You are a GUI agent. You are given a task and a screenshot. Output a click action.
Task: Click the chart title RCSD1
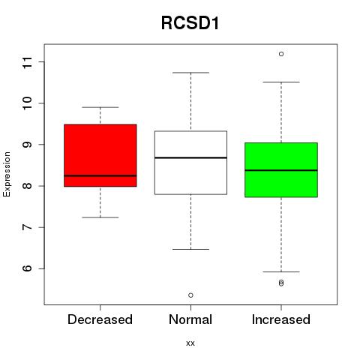pos(190,23)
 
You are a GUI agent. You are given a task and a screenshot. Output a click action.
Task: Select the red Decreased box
pos(100,155)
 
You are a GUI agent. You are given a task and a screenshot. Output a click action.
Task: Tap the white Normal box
pos(190,163)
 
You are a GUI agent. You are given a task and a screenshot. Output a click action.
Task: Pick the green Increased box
pos(281,169)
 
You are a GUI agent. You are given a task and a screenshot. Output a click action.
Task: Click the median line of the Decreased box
pos(100,175)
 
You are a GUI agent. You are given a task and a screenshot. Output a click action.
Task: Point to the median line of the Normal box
pos(190,157)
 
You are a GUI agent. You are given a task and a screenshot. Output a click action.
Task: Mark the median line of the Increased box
pos(281,170)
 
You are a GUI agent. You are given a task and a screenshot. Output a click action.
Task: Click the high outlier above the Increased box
pos(281,54)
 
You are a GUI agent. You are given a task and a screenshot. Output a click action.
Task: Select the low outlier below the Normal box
pos(190,295)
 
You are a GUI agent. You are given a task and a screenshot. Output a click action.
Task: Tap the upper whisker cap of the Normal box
pos(190,73)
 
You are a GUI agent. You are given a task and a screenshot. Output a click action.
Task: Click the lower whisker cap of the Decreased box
pos(100,217)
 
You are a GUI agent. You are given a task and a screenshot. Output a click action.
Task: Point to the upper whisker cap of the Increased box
pos(281,82)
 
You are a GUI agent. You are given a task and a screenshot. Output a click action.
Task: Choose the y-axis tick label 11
pos(28,62)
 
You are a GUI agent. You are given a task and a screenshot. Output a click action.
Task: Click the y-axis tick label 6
pos(28,268)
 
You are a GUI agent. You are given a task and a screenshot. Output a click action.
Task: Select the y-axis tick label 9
pos(28,145)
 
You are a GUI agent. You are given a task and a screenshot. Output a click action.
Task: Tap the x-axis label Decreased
pos(100,319)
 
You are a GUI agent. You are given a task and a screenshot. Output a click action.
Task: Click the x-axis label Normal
pos(190,319)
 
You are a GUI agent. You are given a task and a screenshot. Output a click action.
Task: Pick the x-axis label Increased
pos(281,319)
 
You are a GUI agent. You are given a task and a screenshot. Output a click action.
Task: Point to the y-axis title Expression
pos(7,174)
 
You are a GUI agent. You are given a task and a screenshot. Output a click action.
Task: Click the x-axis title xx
pos(190,343)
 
